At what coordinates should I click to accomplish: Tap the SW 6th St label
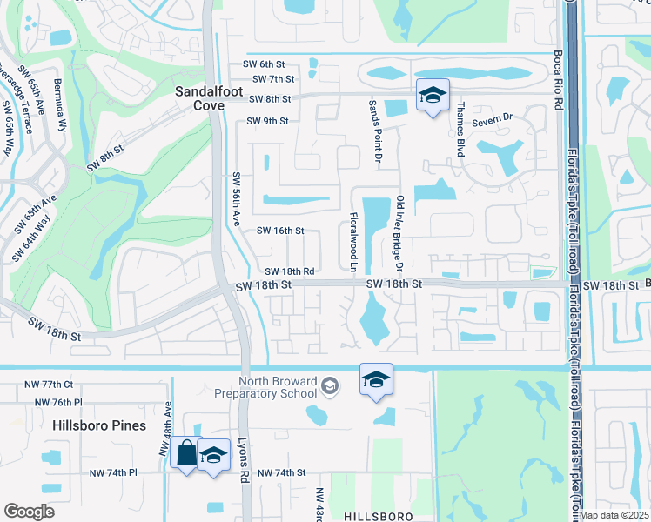pyautogui.click(x=265, y=64)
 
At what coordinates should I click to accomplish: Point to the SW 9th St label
pyautogui.click(x=267, y=121)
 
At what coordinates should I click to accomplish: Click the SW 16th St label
pyautogui.click(x=279, y=231)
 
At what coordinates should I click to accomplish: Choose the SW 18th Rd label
pyautogui.click(x=289, y=271)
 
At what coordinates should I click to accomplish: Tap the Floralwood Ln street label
pyautogui.click(x=354, y=241)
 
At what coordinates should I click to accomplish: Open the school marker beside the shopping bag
pyautogui.click(x=213, y=456)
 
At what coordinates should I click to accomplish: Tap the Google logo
pyautogui.click(x=29, y=511)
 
